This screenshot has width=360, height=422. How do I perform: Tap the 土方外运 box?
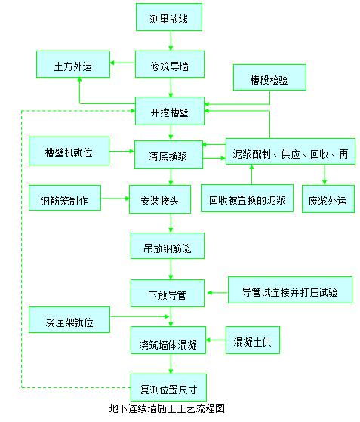pos(74,65)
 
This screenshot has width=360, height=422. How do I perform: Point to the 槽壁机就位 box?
pos(69,149)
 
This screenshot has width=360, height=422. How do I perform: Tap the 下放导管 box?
pos(167,291)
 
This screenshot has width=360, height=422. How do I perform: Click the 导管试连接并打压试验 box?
pos(290,291)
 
